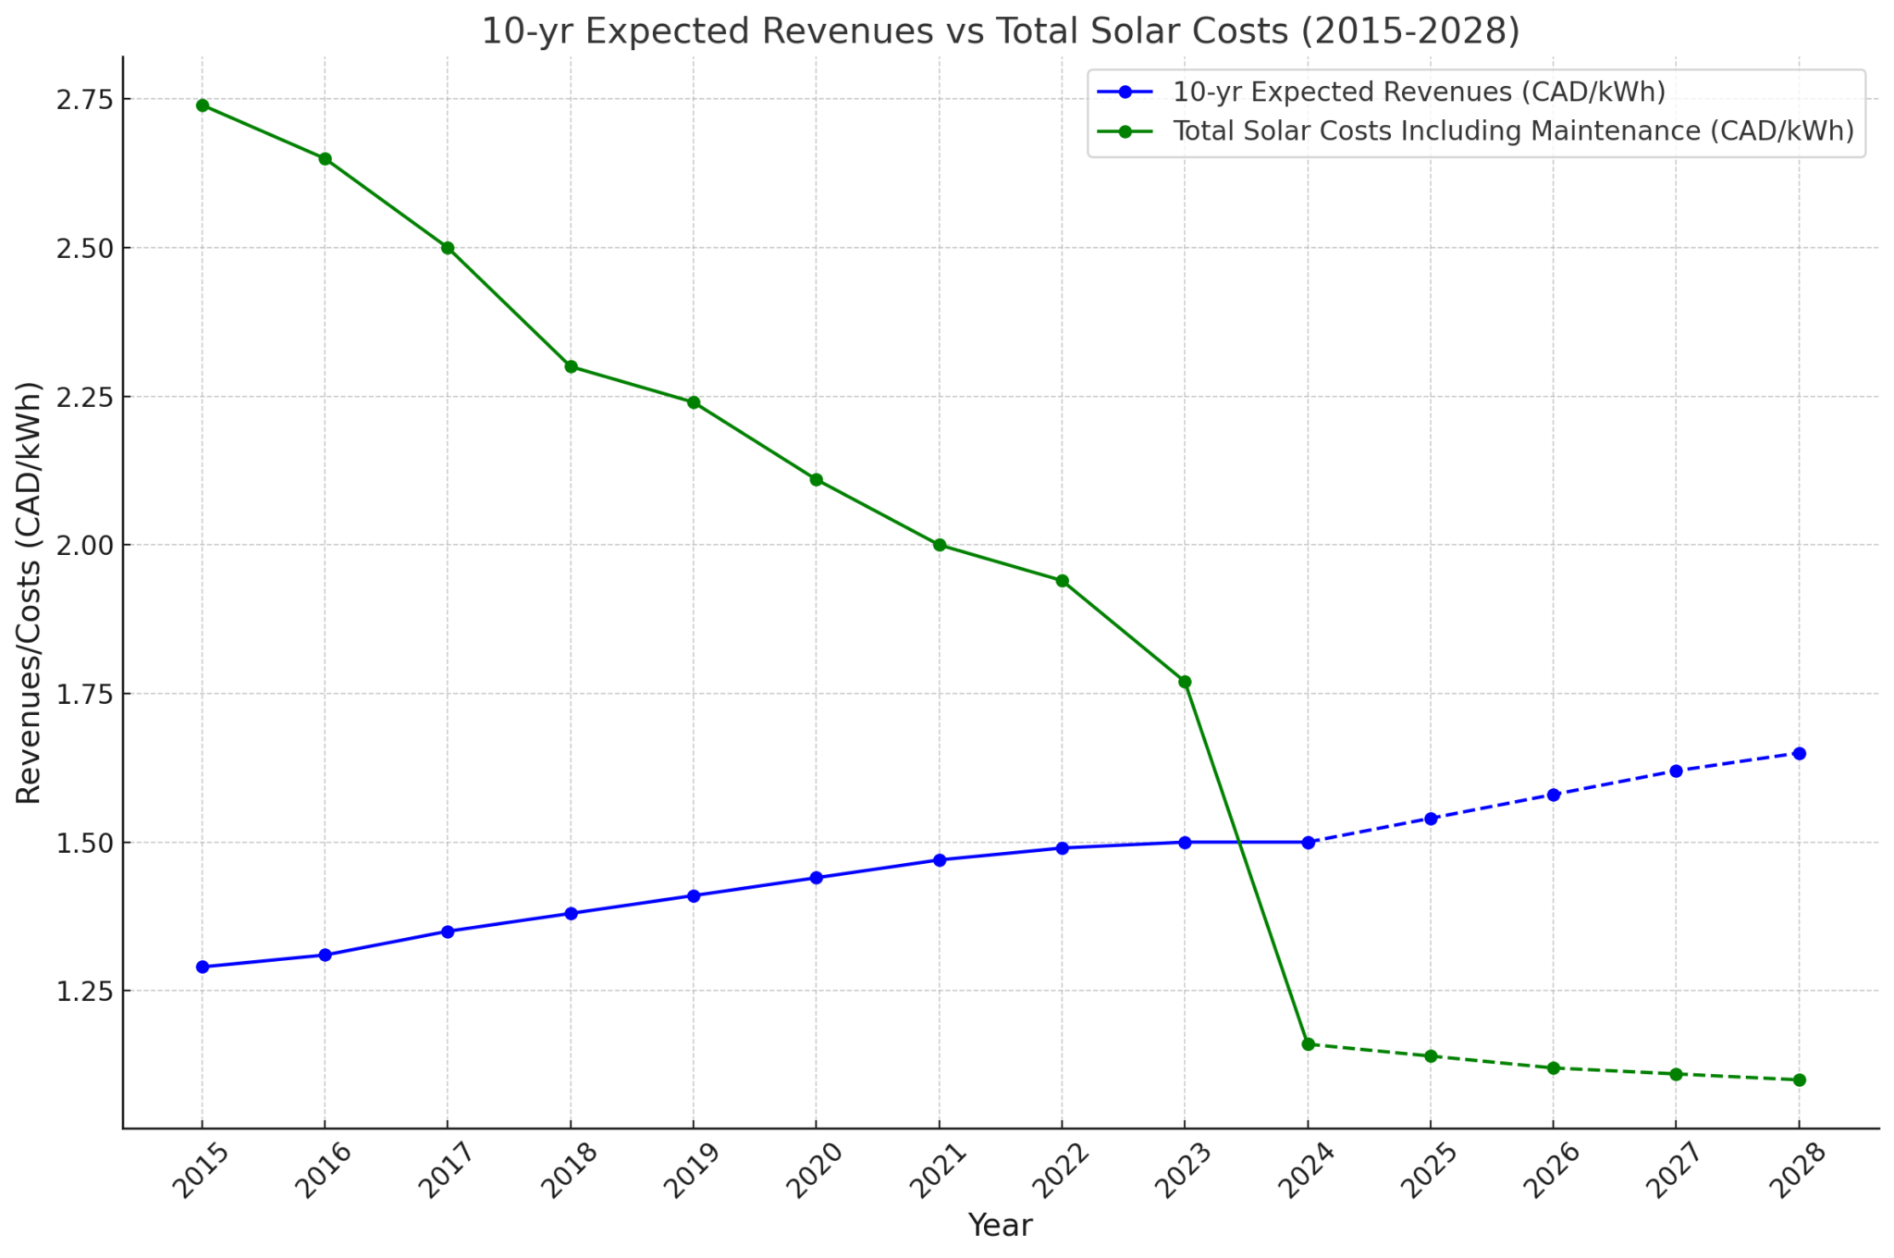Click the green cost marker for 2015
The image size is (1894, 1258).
pos(203,105)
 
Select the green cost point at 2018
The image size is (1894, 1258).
pos(571,366)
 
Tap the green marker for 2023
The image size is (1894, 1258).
pos(1185,682)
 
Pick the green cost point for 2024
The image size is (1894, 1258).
pos(1308,1044)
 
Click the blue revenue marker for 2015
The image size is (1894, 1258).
pos(203,967)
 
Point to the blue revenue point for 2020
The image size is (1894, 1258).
pos(817,878)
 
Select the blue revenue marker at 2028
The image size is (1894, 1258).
pos(1799,753)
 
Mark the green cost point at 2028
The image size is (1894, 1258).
pos(1799,1079)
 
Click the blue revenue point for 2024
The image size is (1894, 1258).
pos(1308,842)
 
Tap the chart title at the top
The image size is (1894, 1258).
pos(1001,31)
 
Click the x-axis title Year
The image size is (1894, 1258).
pos(1000,1226)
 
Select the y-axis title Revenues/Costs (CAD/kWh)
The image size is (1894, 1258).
pos(30,592)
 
